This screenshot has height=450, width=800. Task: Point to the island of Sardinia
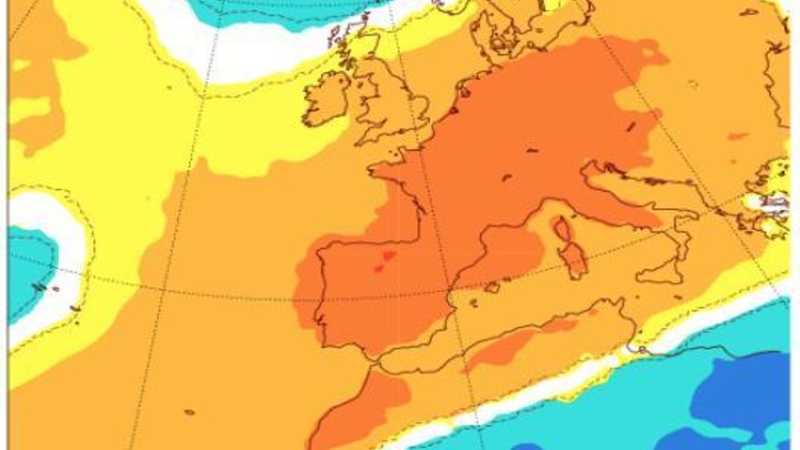pyautogui.click(x=574, y=259)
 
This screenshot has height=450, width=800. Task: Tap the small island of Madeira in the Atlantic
pyautogui.click(x=189, y=412)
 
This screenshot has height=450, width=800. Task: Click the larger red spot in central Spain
pyautogui.click(x=388, y=256)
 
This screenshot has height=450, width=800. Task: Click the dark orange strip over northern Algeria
pyautogui.click(x=518, y=341)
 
